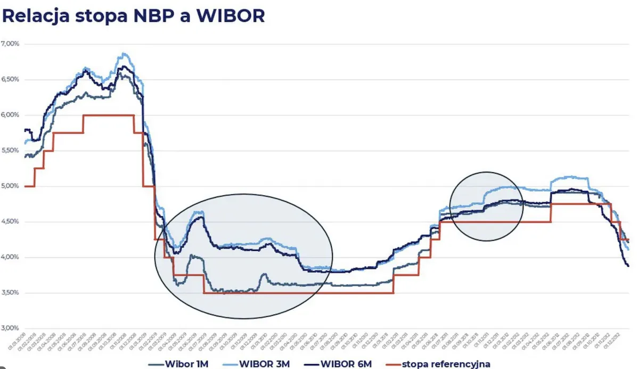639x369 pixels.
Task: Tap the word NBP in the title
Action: click(x=141, y=15)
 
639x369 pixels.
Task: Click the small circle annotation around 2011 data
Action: click(x=486, y=206)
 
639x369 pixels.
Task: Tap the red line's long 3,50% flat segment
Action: click(x=298, y=293)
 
